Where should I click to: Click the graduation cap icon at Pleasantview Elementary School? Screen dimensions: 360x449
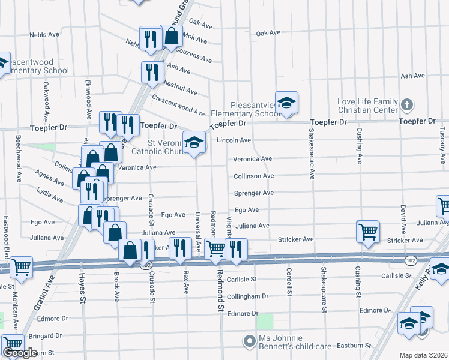tap(286, 102)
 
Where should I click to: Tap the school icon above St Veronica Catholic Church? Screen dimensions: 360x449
tap(194, 143)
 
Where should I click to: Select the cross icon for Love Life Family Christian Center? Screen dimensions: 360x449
tap(406, 104)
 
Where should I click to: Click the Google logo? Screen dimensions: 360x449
tap(20, 353)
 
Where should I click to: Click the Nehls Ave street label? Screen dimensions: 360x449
tap(44, 35)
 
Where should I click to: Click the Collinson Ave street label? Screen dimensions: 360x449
tap(253, 176)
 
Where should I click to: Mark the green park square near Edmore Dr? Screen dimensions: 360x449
tap(264, 321)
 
